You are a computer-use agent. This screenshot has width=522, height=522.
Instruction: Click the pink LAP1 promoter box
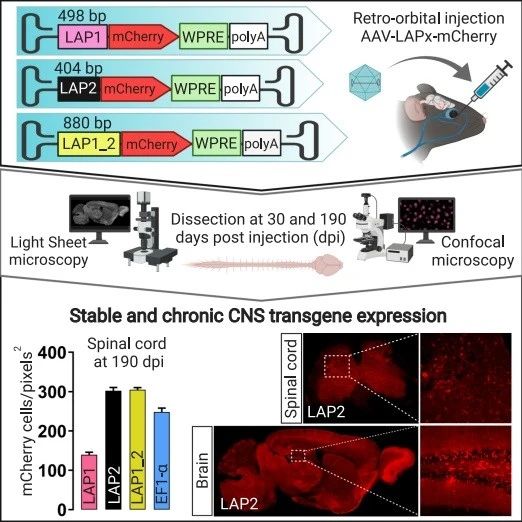[x=83, y=37]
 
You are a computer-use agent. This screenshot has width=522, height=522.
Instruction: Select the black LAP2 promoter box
[x=79, y=89]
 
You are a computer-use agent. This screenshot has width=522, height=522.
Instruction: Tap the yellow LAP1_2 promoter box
[x=89, y=144]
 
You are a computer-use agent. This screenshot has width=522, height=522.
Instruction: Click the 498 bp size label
[x=82, y=16]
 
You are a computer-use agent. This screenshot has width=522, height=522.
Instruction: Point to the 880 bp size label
[x=87, y=123]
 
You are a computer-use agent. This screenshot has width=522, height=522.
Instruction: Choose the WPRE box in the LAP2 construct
[x=195, y=89]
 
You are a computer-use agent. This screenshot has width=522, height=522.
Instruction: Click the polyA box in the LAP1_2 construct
[x=261, y=144]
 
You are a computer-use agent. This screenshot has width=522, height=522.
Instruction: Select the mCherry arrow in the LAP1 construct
[x=143, y=37]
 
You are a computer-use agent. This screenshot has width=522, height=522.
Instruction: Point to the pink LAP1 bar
[x=89, y=482]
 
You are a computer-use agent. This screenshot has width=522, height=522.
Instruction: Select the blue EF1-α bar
[x=162, y=460]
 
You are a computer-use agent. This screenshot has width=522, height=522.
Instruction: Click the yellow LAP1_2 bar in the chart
[x=137, y=449]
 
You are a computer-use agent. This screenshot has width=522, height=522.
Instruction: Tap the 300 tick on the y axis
[x=52, y=392]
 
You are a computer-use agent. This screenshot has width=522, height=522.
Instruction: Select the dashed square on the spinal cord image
[x=337, y=366]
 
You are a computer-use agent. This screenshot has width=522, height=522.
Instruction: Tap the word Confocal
[x=473, y=242]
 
